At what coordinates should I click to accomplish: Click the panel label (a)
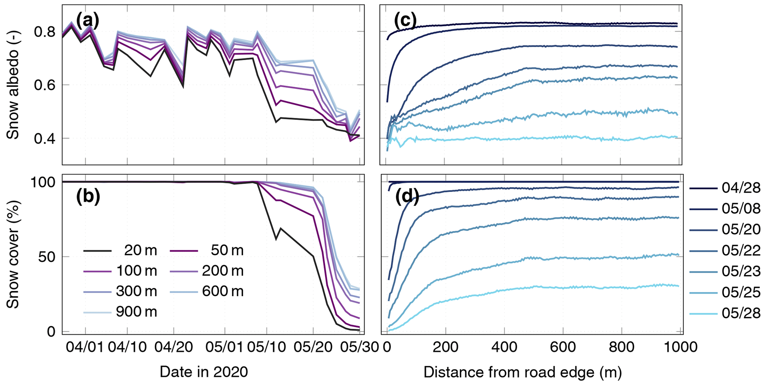88,21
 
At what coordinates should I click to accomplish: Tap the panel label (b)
88,197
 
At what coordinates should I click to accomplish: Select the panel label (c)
405,21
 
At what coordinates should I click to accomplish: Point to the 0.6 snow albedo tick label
45,85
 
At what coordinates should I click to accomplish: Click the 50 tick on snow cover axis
47,256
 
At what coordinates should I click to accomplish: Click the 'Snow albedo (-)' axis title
13,84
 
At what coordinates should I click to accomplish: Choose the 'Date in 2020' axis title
204,372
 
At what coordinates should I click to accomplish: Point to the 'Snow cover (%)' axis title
13,255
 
